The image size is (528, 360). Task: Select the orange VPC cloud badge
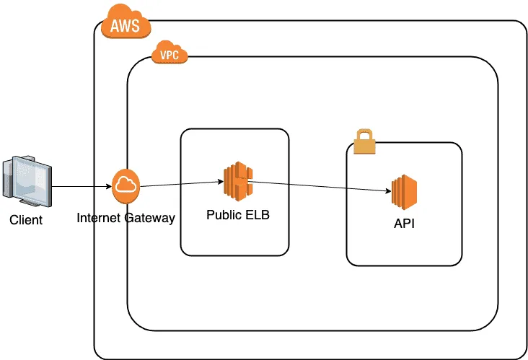coord(170,52)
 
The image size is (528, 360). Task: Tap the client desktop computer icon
coord(27,181)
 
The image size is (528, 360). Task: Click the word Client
coord(26,220)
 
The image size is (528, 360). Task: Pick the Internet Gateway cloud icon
coord(126,186)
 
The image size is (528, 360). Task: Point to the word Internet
coord(98,218)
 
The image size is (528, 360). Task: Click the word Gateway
coord(149,218)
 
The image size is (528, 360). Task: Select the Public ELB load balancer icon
coord(238,181)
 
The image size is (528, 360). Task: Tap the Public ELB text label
coord(238,215)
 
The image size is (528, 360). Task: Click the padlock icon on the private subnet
coord(364,141)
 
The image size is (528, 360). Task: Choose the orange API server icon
coord(404,192)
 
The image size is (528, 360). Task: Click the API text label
coord(404,224)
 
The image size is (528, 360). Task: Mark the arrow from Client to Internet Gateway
coord(82,186)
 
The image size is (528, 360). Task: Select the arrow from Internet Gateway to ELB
coord(182,184)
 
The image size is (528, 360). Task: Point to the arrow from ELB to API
coord(320,187)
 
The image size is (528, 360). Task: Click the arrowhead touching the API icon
coord(388,191)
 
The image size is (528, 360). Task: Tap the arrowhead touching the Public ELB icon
coord(221,182)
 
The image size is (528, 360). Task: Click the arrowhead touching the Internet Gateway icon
coord(109,186)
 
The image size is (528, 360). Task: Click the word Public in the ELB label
coord(223,215)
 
